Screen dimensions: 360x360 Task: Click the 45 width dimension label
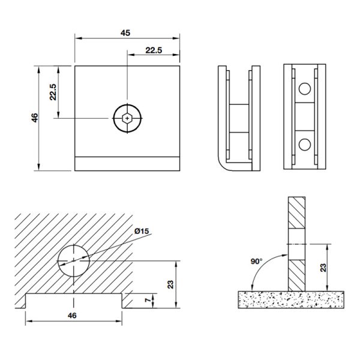(125, 33)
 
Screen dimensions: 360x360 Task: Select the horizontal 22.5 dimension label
(154, 50)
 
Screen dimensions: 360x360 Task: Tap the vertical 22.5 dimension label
(53, 92)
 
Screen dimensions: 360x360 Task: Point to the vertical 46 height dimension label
(35, 118)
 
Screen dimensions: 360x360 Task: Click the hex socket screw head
(127, 118)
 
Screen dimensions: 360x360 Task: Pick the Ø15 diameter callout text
(142, 231)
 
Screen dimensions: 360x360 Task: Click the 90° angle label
(256, 261)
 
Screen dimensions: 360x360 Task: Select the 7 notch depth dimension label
(148, 300)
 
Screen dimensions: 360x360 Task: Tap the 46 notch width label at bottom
(72, 316)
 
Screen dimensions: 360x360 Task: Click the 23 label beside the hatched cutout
(170, 284)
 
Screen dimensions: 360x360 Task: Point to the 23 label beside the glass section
(323, 268)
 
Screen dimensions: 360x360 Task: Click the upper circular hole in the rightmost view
(305, 89)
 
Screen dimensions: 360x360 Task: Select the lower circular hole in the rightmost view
(305, 145)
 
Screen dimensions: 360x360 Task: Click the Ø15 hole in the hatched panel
(73, 261)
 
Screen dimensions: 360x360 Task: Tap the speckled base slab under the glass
(291, 299)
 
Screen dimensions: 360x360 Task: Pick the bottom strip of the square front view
(127, 164)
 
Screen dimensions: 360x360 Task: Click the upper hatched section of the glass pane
(296, 212)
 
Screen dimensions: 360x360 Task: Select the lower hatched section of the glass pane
(296, 275)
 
